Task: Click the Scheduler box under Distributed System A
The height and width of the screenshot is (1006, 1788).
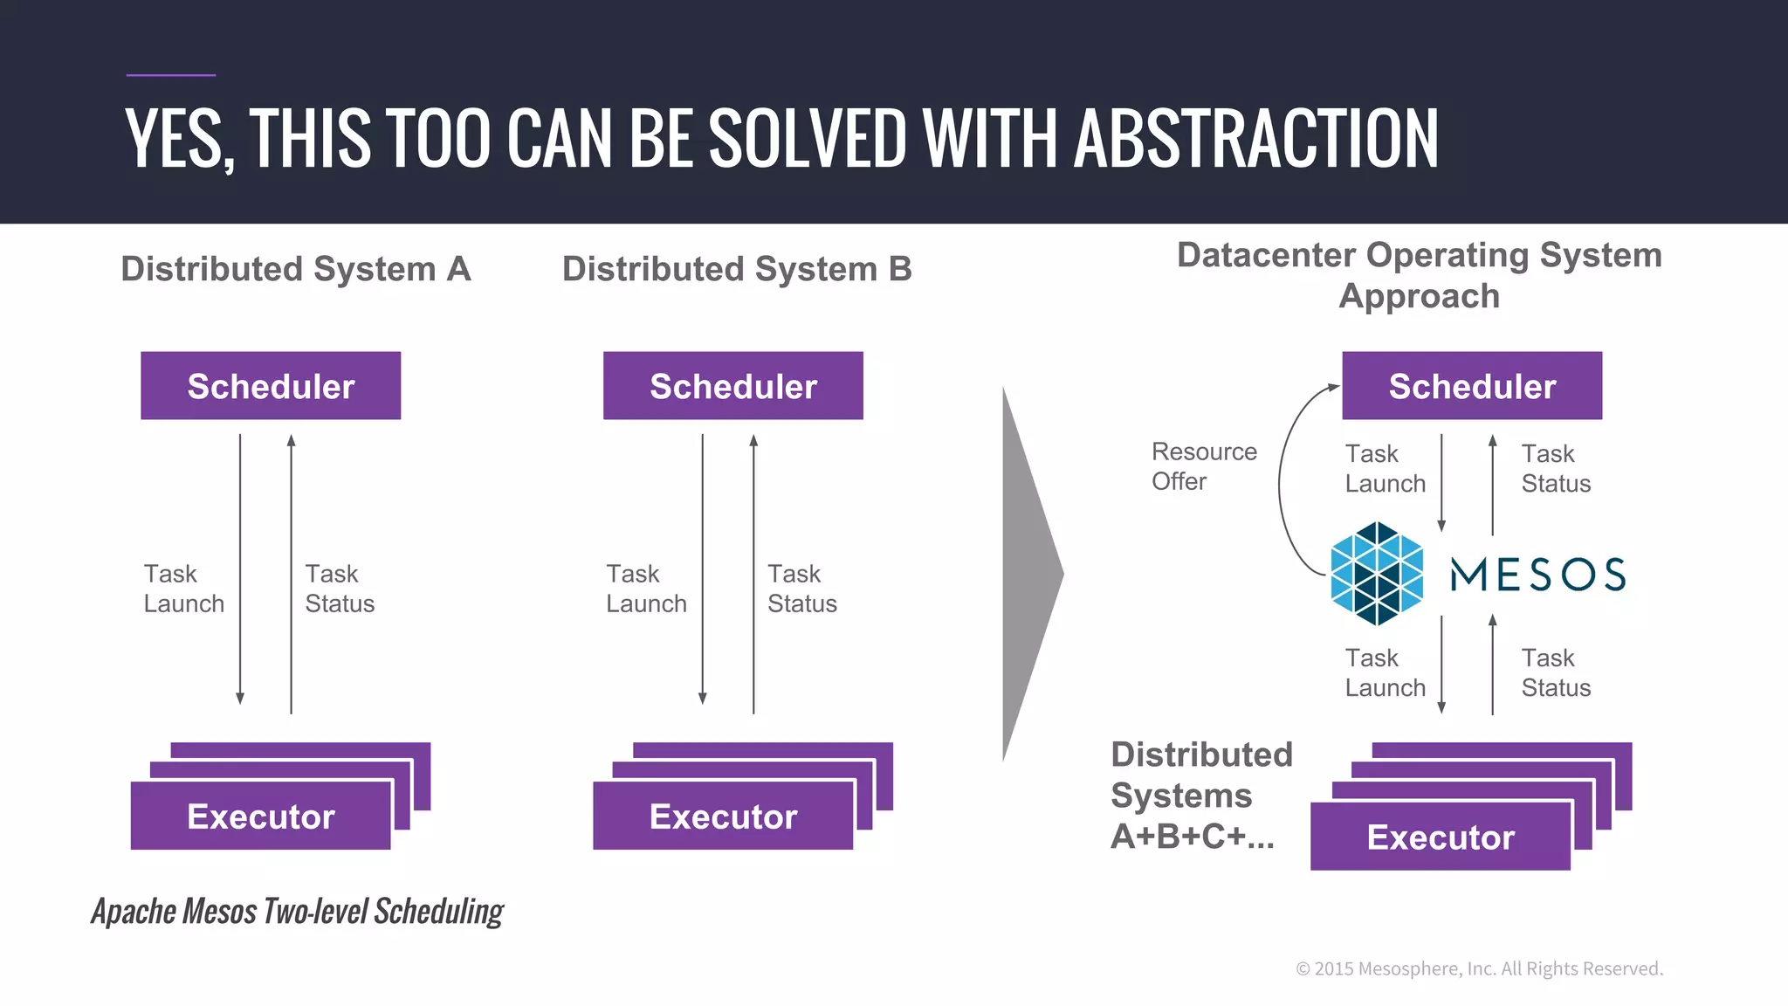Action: [271, 386]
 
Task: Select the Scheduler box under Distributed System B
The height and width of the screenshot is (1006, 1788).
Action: [732, 386]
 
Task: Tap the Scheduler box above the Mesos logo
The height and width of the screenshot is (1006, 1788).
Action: [1472, 386]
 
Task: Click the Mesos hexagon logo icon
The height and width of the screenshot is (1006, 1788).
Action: [1377, 574]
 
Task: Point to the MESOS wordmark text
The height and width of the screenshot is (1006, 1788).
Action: [1537, 575]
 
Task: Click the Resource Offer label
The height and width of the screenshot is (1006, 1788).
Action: [1203, 466]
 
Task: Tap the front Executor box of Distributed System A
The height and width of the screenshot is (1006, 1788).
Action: [260, 817]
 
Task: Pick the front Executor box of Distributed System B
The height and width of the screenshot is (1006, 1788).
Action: [723, 817]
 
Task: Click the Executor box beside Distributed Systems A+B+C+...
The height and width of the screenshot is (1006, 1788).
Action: [1441, 837]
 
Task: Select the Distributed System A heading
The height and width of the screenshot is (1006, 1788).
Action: [296, 269]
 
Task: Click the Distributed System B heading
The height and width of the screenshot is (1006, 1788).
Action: [737, 269]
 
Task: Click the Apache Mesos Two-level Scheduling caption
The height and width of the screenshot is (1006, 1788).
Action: [298, 912]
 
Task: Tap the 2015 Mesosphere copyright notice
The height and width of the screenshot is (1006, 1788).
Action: [1479, 968]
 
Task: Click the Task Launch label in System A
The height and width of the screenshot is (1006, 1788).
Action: [183, 589]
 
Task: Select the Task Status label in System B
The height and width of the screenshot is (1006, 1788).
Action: [801, 589]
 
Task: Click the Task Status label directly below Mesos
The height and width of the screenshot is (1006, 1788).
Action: [1556, 672]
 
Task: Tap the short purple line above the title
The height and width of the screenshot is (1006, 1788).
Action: [171, 75]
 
